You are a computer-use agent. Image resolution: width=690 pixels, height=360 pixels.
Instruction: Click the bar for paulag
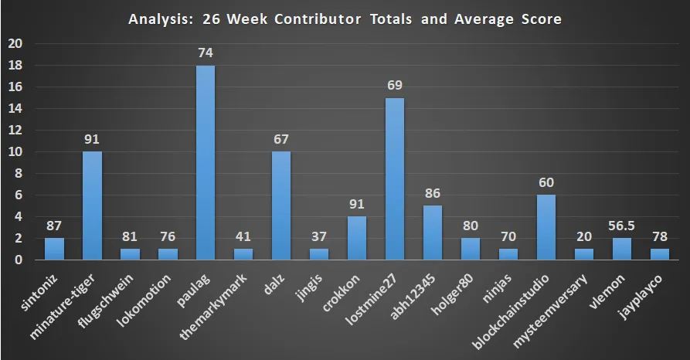pos(206,163)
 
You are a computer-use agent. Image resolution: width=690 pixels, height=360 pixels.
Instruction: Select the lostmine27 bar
pos(395,179)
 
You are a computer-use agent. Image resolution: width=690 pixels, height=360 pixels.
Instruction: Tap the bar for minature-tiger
pos(92,206)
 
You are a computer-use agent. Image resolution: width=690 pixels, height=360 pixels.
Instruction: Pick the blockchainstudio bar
pos(546,228)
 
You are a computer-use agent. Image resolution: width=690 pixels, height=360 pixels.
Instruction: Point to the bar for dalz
pos(281,206)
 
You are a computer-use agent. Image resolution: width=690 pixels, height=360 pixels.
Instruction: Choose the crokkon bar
pos(357,239)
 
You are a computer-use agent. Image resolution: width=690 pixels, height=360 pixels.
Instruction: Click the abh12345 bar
pos(433,233)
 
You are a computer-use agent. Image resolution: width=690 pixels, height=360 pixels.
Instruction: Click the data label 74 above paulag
pos(206,53)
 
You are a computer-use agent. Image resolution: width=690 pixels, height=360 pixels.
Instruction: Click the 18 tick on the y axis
pos(15,66)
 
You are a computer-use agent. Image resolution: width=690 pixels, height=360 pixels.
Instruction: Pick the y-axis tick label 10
pos(15,152)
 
